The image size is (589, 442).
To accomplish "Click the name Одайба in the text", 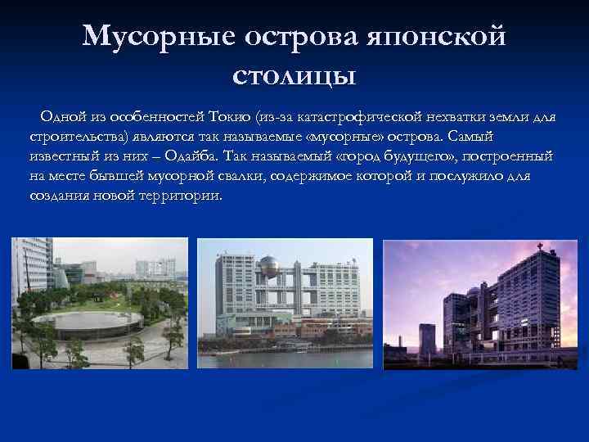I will click(x=193, y=156).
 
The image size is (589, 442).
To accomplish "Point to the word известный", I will click(x=63, y=156).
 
